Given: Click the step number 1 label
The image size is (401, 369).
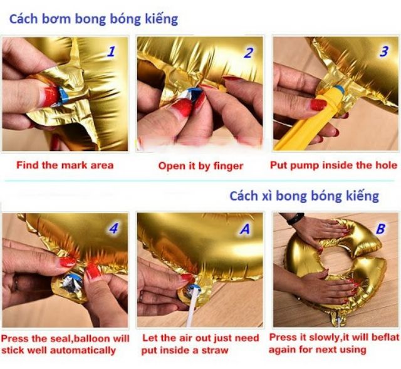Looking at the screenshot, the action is (x=111, y=51).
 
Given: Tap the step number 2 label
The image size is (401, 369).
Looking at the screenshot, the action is (x=248, y=53).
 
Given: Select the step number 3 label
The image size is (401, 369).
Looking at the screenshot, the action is (x=383, y=51).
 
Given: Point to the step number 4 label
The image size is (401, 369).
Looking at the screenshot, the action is (x=113, y=228).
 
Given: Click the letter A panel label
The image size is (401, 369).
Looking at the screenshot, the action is (x=245, y=229).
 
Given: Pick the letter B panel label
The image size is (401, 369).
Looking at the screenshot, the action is (x=380, y=229).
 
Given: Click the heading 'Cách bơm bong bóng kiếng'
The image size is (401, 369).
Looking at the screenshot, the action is (x=93, y=19).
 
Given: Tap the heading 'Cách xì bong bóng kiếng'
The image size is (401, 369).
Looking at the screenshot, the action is (x=304, y=196).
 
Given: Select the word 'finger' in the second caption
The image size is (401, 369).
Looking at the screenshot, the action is (x=227, y=167).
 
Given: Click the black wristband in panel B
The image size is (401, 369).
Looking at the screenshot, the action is (x=295, y=219).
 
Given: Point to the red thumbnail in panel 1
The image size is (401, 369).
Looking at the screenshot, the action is (x=50, y=96).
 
